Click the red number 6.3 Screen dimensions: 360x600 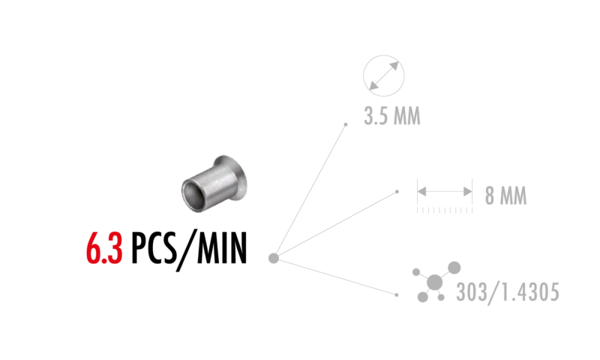pyautogui.click(x=104, y=249)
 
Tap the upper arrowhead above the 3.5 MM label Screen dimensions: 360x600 pyautogui.click(x=394, y=66)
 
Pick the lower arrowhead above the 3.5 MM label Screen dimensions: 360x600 pyautogui.click(x=373, y=85)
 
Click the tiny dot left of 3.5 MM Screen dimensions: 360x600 pyautogui.click(x=346, y=124)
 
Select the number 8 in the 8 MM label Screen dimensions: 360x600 pyautogui.click(x=490, y=196)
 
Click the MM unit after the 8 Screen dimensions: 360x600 pyautogui.click(x=514, y=196)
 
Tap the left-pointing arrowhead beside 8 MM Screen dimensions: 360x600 pyautogui.click(x=421, y=192)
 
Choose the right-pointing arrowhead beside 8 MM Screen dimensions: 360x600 pyautogui.click(x=467, y=192)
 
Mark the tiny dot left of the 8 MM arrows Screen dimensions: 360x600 pyautogui.click(x=397, y=192)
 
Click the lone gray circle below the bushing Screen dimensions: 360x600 pyautogui.click(x=274, y=258)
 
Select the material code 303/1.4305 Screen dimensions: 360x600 pyautogui.click(x=508, y=292)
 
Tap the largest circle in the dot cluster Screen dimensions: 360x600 pyautogui.click(x=435, y=282)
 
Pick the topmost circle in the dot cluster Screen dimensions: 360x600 pyautogui.click(x=454, y=267)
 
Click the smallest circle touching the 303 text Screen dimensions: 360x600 pyautogui.click(x=441, y=297)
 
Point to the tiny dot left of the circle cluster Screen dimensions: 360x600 pyautogui.click(x=397, y=295)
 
